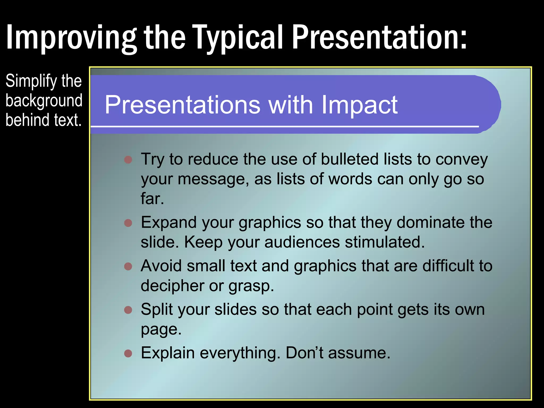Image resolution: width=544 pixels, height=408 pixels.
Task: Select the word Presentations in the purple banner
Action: coord(182,105)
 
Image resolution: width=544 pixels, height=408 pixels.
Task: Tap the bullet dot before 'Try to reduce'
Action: coord(128,160)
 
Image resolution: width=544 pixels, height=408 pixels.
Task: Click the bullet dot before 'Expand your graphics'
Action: coord(128,223)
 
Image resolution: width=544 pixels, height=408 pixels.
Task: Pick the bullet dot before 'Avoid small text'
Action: coord(128,266)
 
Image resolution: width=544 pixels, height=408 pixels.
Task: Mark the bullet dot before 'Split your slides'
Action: coord(128,310)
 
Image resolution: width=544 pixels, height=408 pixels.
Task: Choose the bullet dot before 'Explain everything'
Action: coord(128,353)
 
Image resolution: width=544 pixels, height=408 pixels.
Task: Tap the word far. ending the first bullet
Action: coord(152,199)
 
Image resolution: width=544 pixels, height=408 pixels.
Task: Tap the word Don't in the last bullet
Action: coord(304,353)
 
